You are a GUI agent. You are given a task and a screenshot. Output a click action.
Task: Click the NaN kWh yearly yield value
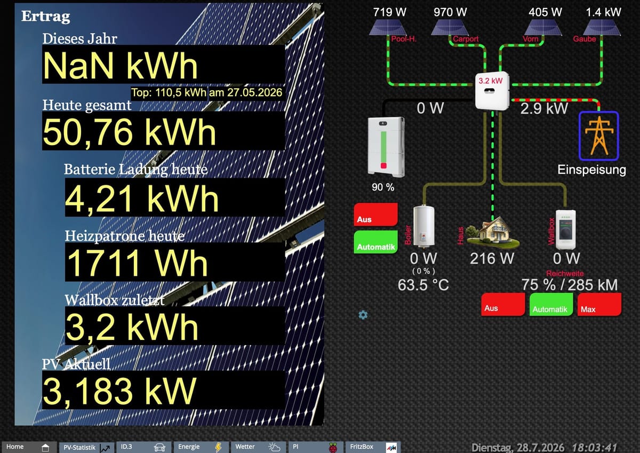click(120, 66)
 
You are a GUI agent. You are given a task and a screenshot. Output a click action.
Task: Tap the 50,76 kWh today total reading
click(129, 132)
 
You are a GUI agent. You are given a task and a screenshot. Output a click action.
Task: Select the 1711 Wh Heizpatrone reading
click(137, 263)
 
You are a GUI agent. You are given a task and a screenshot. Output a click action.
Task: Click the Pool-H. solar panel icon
click(388, 27)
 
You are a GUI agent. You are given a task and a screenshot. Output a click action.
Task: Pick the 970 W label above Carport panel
click(450, 12)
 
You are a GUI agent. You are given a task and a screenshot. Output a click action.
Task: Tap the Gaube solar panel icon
click(602, 27)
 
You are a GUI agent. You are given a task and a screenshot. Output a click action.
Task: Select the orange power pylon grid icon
click(599, 136)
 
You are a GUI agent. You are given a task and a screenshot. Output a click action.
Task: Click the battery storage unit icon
click(386, 146)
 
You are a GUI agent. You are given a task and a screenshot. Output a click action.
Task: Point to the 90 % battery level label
click(383, 187)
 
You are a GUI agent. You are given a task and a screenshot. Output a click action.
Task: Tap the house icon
click(492, 232)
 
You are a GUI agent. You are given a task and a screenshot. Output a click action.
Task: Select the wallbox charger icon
click(565, 230)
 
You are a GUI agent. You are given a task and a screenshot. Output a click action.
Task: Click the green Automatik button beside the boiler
click(375, 242)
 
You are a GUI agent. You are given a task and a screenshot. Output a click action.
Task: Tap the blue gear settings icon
click(363, 315)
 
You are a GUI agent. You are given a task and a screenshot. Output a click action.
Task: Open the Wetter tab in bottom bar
click(258, 447)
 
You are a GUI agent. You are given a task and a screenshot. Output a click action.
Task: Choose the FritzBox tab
click(373, 447)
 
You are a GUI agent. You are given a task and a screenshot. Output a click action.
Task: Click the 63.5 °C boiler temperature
click(423, 285)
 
